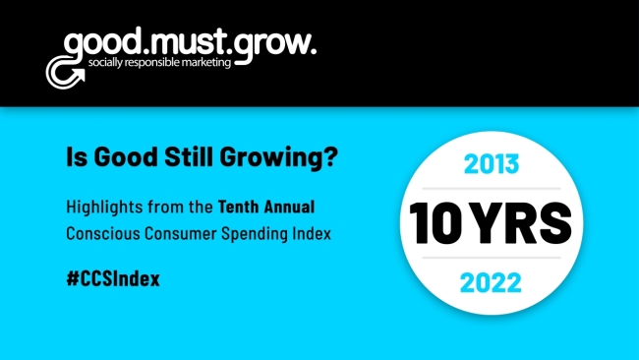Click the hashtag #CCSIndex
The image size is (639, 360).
112,278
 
